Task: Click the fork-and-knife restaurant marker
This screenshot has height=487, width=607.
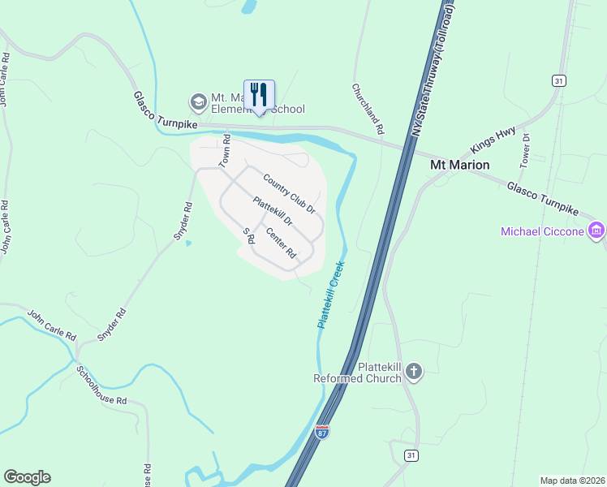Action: point(259,94)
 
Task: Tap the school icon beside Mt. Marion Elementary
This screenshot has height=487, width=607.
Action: point(198,102)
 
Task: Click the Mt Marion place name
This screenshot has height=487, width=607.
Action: point(458,165)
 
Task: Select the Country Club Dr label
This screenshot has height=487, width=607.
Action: point(289,192)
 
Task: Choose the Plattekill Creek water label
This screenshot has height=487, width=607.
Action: point(331,294)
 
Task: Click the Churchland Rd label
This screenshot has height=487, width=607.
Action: point(368,108)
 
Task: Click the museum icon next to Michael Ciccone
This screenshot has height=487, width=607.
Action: point(596,231)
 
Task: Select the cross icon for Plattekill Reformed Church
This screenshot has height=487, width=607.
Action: point(414,372)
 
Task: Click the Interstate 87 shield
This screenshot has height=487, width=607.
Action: point(322,432)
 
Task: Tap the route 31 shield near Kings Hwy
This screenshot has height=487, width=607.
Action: point(558,80)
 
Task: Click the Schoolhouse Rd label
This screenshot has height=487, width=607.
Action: point(102,386)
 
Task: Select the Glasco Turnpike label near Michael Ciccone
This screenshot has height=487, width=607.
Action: point(543,198)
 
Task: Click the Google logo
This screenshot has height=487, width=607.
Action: point(27,477)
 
